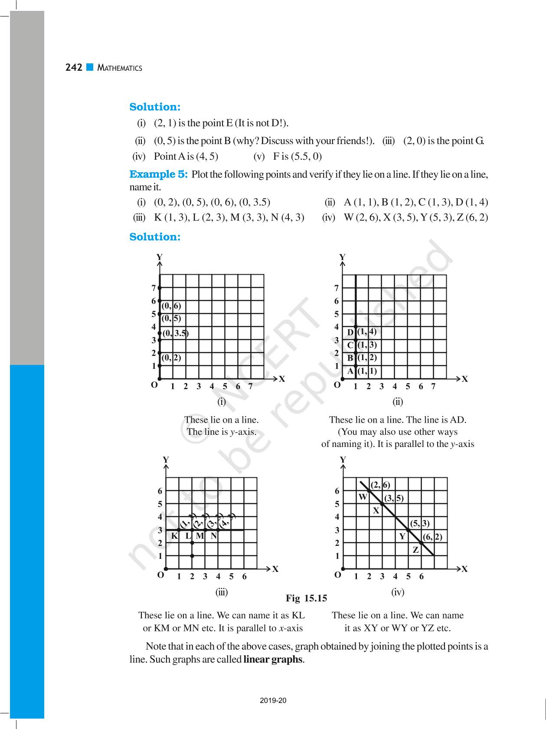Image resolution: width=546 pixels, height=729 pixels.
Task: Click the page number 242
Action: pyautogui.click(x=74, y=68)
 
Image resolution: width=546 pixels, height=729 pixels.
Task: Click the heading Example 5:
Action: pyautogui.click(x=158, y=174)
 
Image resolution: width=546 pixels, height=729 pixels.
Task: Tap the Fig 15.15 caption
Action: pyautogui.click(x=306, y=598)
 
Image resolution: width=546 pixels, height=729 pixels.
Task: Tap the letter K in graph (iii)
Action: pyautogui.click(x=174, y=536)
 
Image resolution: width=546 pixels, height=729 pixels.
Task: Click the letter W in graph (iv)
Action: pyautogui.click(x=363, y=497)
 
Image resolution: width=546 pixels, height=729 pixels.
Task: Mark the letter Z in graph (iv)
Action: pyautogui.click(x=415, y=550)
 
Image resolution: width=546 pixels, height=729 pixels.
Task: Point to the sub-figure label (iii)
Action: pyautogui.click(x=222, y=592)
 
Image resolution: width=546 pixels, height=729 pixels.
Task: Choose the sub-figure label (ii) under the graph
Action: pyautogui.click(x=398, y=402)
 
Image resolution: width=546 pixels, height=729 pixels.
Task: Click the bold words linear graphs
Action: pyautogui.click(x=273, y=660)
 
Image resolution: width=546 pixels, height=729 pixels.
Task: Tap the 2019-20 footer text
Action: pyautogui.click(x=273, y=700)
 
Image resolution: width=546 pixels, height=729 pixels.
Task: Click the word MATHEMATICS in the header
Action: pyautogui.click(x=120, y=68)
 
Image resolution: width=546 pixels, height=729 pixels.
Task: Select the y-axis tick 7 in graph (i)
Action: pyautogui.click(x=154, y=288)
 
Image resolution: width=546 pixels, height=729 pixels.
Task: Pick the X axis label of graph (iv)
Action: pyautogui.click(x=464, y=569)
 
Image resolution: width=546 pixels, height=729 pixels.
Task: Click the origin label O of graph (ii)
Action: pyautogui.click(x=337, y=385)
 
